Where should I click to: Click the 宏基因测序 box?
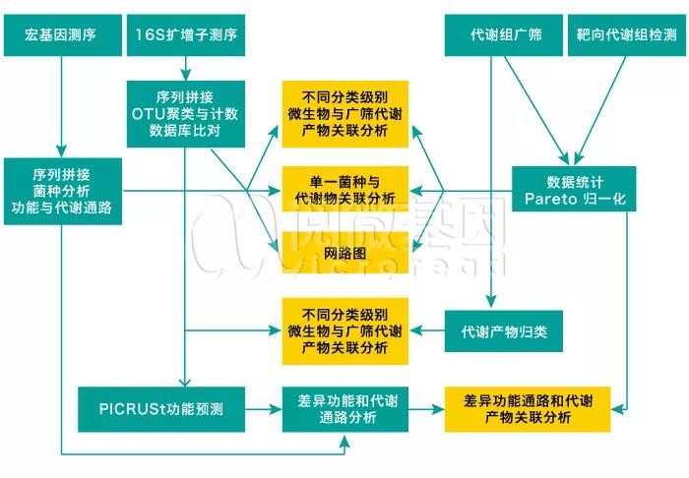(x=63, y=35)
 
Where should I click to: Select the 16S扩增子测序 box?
(x=186, y=35)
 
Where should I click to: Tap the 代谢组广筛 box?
(x=504, y=35)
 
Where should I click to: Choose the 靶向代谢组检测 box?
(x=627, y=35)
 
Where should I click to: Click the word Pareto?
(x=550, y=199)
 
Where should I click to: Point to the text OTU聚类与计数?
(x=185, y=114)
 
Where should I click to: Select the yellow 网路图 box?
(x=344, y=253)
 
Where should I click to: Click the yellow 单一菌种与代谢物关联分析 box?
(x=344, y=189)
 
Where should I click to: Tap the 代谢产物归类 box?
(x=504, y=331)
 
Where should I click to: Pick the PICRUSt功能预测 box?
(x=161, y=409)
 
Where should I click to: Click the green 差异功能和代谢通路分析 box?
(x=344, y=409)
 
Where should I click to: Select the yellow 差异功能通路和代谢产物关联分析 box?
(x=528, y=409)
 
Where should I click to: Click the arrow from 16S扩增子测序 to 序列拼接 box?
(x=185, y=69)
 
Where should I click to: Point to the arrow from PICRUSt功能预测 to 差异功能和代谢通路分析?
(x=264, y=409)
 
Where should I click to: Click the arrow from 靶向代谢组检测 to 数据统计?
(x=600, y=110)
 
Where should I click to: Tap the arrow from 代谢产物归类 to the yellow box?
(x=426, y=330)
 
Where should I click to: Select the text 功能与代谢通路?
(x=62, y=208)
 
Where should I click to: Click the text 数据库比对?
(x=185, y=131)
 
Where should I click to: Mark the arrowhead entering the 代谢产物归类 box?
(x=491, y=302)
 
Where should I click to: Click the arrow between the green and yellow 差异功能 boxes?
(x=426, y=409)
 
